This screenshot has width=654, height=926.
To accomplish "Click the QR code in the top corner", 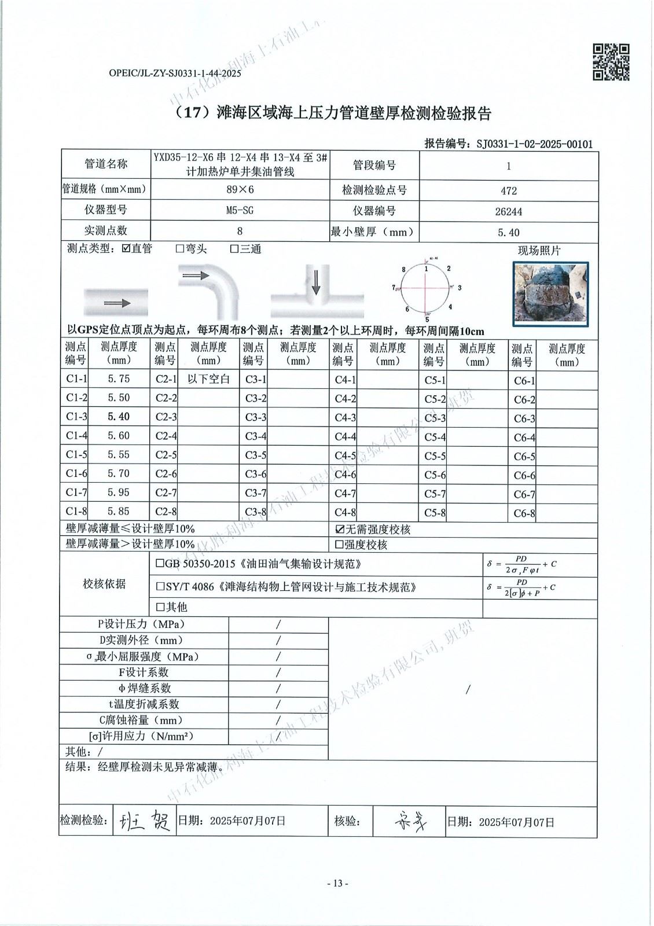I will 611,62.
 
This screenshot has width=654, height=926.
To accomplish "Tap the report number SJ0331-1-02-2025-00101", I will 534,144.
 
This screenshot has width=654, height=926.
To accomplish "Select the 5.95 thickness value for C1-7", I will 119,493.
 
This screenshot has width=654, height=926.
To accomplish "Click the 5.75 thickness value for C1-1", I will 119,379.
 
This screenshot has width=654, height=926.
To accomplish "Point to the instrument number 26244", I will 508,211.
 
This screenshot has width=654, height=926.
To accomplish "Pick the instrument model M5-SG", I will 240,211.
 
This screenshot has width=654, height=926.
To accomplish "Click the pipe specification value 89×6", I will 240,190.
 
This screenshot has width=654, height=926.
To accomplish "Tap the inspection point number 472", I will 508,190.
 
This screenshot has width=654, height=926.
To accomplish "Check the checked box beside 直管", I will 126,249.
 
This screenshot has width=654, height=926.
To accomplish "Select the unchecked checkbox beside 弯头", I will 180,249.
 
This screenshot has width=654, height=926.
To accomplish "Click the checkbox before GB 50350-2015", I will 160,564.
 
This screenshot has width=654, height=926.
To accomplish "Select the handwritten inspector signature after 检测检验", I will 145,820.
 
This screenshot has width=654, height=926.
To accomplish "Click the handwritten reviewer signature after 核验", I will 410,820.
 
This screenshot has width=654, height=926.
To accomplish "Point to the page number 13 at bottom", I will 338,883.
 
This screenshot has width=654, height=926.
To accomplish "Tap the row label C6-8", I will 524,513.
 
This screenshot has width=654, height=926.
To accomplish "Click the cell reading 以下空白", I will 209,380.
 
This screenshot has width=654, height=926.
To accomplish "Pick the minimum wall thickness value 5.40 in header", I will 508,233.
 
